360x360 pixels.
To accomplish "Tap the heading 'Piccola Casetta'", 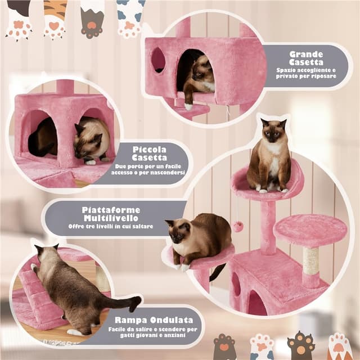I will (x=149, y=154).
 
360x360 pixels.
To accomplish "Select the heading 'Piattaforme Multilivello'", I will (x=111, y=214).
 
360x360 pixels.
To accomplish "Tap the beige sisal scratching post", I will (x=310, y=260).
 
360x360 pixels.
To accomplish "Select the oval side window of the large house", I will (x=158, y=60).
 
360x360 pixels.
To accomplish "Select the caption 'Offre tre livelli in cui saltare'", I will (x=111, y=226).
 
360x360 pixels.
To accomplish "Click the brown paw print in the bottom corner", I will (x=300, y=346).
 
